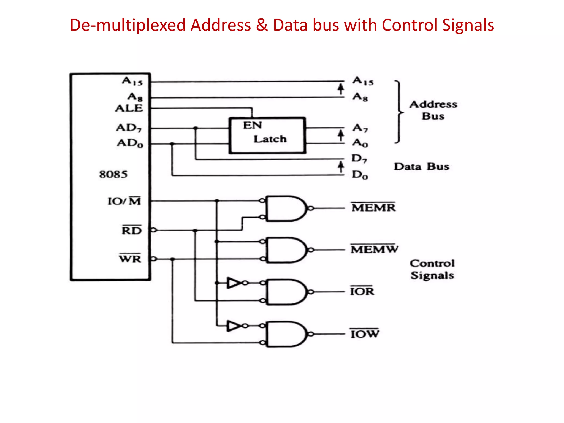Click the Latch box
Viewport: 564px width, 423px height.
267,135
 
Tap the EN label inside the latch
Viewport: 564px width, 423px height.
252,126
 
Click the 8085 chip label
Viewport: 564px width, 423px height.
113,174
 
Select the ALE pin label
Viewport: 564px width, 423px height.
129,108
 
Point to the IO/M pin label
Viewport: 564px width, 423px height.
124,201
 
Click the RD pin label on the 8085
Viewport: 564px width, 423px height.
132,230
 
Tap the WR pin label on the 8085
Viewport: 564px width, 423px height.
130,258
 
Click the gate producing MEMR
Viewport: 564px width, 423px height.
285,208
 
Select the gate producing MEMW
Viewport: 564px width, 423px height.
285,250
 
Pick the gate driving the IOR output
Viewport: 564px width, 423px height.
285,292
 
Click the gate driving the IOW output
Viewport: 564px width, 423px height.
285,334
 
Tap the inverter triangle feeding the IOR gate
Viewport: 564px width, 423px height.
234,283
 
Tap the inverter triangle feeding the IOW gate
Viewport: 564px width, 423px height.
234,326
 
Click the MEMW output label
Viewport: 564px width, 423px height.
374,249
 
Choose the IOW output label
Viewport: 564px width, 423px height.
365,333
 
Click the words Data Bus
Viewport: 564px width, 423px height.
421,167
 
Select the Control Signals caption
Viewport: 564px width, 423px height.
432,269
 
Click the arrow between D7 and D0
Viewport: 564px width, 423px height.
341,167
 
